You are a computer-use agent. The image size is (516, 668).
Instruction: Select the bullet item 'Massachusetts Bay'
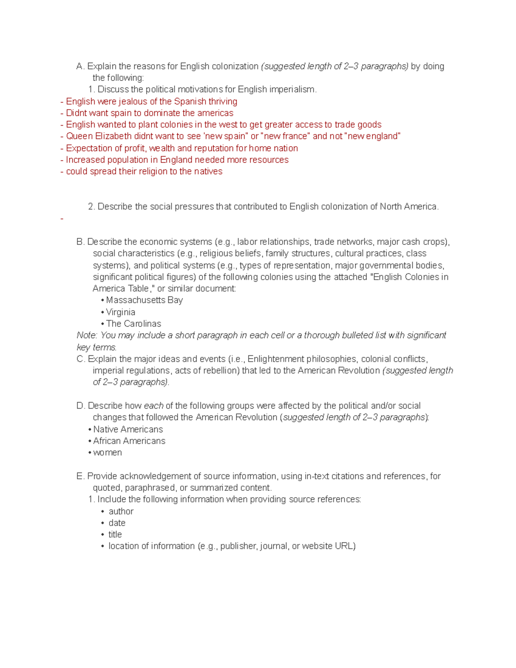pyautogui.click(x=144, y=300)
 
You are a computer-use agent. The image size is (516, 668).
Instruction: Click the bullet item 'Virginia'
pyautogui.click(x=120, y=312)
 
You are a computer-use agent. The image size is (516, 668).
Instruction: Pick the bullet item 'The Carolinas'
pyautogui.click(x=133, y=324)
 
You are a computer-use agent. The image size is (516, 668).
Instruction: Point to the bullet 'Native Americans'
pyautogui.click(x=128, y=429)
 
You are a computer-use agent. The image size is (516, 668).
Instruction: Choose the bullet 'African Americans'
pyautogui.click(x=129, y=441)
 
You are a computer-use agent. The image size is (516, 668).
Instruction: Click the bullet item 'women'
pyautogui.click(x=107, y=453)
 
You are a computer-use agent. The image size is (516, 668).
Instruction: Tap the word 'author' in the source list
pyautogui.click(x=121, y=511)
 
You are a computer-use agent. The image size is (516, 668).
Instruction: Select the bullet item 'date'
pyautogui.click(x=117, y=523)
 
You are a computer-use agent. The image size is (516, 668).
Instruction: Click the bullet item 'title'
pyautogui.click(x=115, y=535)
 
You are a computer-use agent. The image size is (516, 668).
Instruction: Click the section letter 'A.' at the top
pyautogui.click(x=80, y=66)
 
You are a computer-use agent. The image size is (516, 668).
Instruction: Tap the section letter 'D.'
pyautogui.click(x=80, y=406)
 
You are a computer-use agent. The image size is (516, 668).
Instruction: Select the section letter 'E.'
pyautogui.click(x=80, y=476)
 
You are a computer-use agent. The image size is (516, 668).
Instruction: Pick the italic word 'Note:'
pyautogui.click(x=87, y=336)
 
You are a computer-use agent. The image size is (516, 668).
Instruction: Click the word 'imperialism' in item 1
pyautogui.click(x=292, y=89)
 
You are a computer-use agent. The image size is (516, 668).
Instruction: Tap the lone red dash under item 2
pyautogui.click(x=62, y=219)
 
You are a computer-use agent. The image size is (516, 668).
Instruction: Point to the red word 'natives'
pyautogui.click(x=208, y=172)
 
